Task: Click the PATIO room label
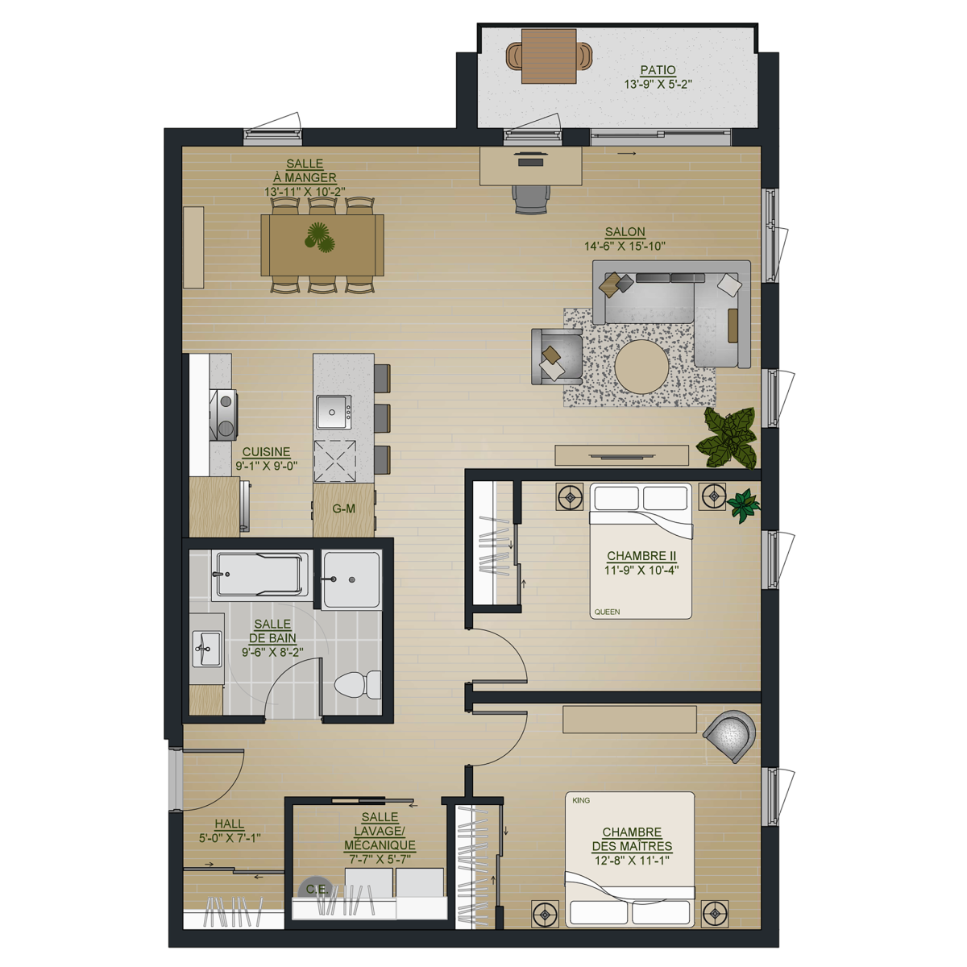tap(658, 70)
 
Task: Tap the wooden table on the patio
tap(549, 56)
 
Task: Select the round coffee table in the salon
tap(641, 367)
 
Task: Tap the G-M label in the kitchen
tap(344, 508)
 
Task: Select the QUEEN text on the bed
tap(608, 612)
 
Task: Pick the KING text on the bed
tap(581, 800)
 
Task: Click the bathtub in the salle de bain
tap(260, 575)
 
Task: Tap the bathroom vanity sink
tap(205, 649)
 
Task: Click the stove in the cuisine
tap(223, 414)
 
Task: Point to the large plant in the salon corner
tap(727, 438)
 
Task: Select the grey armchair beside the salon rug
tap(557, 357)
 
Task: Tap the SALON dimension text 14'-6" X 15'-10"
tap(625, 246)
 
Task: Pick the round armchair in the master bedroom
tap(730, 737)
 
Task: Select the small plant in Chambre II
tap(744, 506)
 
